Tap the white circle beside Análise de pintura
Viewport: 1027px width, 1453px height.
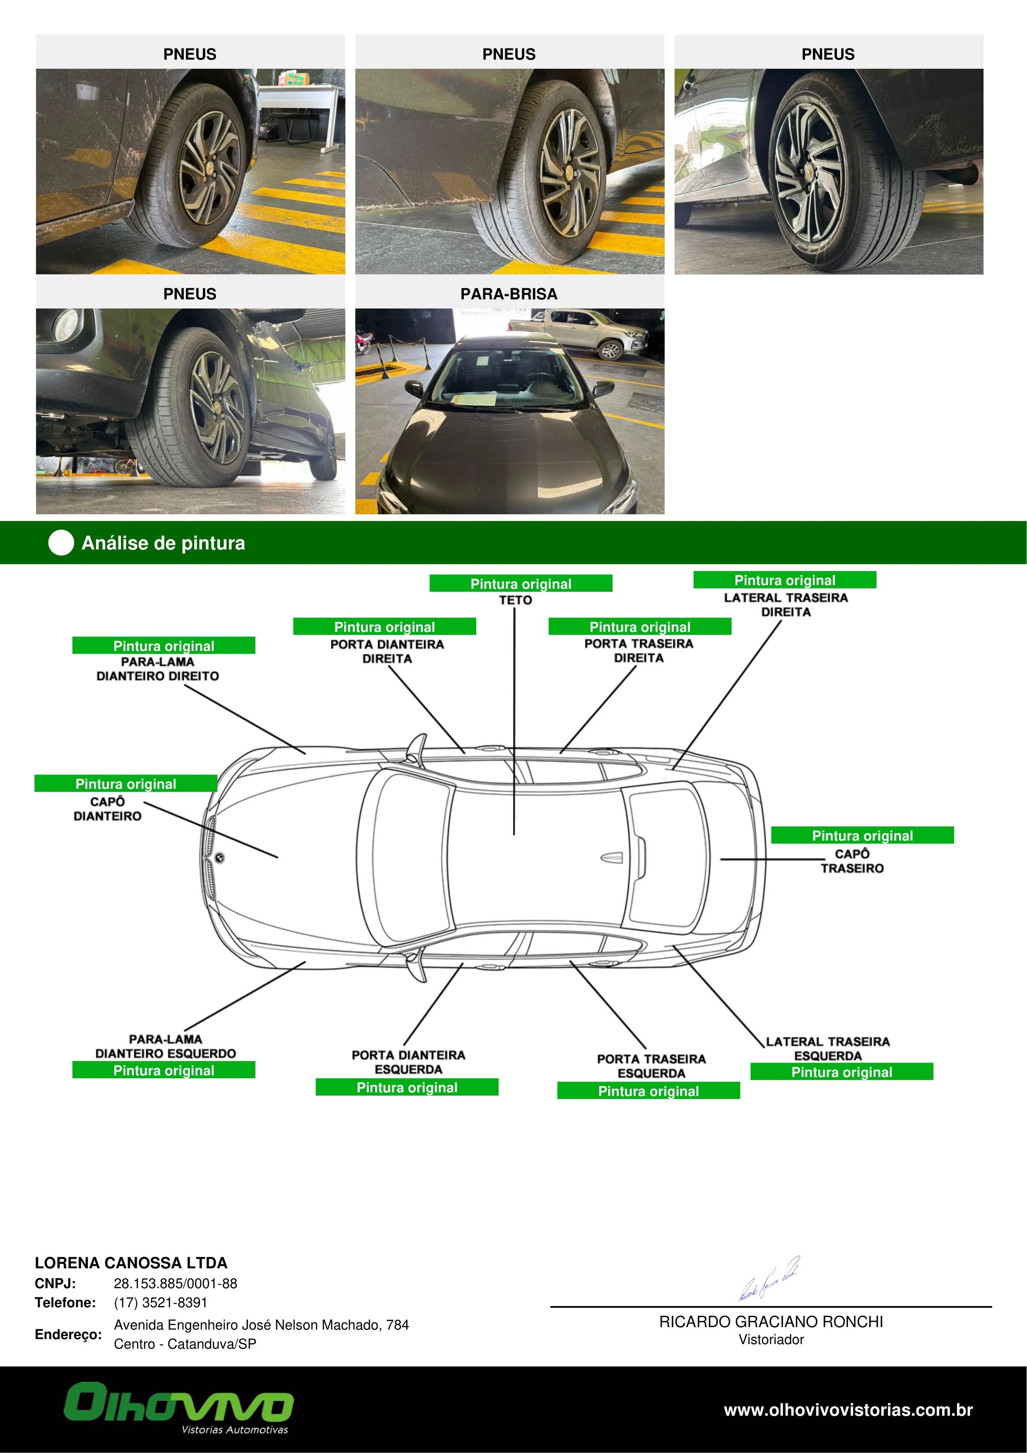pyautogui.click(x=61, y=542)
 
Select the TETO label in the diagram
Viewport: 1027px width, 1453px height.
pyautogui.click(x=516, y=600)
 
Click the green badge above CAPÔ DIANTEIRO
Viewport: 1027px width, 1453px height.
pyautogui.click(x=126, y=783)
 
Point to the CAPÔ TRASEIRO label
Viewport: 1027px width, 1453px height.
pyautogui.click(x=852, y=861)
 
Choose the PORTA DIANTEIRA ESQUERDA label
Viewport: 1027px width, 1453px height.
pyautogui.click(x=409, y=1062)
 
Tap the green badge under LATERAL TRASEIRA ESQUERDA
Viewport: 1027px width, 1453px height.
pyautogui.click(x=841, y=1071)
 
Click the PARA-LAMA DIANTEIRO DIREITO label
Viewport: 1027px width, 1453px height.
pyautogui.click(x=157, y=669)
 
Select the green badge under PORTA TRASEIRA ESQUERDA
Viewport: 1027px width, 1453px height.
pyautogui.click(x=649, y=1090)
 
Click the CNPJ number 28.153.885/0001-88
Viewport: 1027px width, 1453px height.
pyautogui.click(x=175, y=1283)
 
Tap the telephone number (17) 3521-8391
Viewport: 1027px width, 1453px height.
pyautogui.click(x=161, y=1302)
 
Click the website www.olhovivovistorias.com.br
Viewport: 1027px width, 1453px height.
pyautogui.click(x=848, y=1410)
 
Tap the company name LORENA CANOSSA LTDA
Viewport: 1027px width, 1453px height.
pyautogui.click(x=131, y=1263)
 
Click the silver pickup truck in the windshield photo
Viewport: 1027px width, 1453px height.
pyautogui.click(x=578, y=332)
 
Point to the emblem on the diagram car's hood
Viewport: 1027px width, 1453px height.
pyautogui.click(x=219, y=858)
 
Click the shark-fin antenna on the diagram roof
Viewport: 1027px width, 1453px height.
pyautogui.click(x=611, y=858)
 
